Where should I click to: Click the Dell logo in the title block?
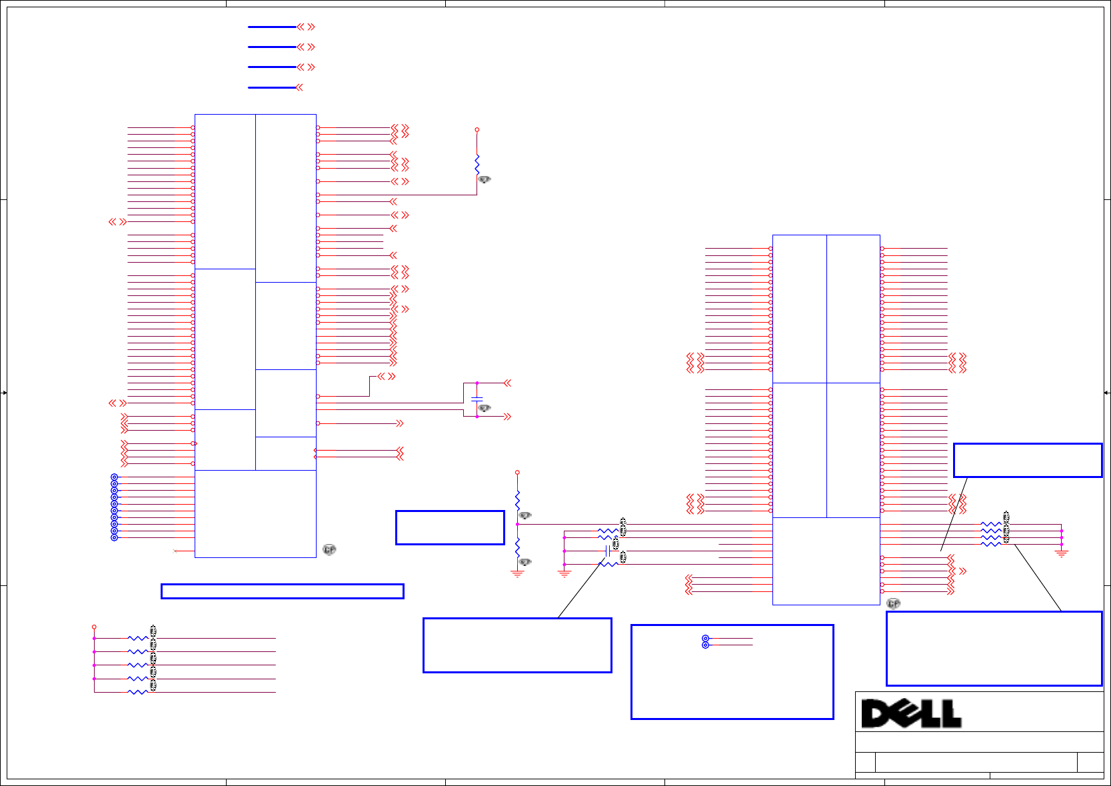point(911,713)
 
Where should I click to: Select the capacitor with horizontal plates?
point(477,399)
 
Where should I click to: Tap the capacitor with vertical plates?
point(608,551)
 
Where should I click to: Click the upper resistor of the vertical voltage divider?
point(517,501)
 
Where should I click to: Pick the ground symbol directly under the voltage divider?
point(517,573)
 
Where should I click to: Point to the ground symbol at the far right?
point(1062,553)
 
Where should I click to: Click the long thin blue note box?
point(282,591)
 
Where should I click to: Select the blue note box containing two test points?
point(732,672)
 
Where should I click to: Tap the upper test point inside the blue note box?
point(705,639)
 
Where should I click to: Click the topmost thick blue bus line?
point(272,27)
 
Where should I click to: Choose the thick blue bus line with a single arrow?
point(272,87)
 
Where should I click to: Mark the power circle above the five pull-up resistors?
point(94,627)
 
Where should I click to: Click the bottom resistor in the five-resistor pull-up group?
point(137,692)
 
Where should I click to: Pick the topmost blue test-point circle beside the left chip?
point(114,477)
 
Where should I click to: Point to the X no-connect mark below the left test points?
point(175,551)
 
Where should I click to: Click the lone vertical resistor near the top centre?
point(477,164)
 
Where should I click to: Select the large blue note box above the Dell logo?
point(994,648)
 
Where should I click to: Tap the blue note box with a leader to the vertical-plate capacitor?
point(517,645)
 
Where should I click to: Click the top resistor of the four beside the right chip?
point(991,525)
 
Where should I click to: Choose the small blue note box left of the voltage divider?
point(450,528)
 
